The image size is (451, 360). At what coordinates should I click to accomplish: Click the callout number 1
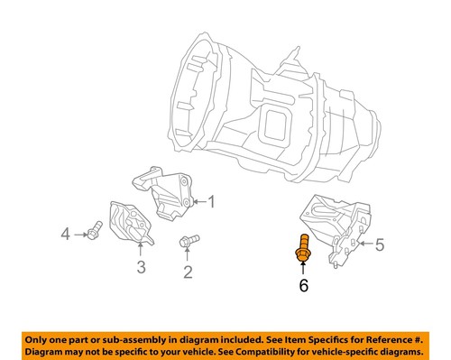213,201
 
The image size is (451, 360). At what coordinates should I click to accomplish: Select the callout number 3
142,266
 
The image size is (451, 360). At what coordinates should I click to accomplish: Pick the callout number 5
380,243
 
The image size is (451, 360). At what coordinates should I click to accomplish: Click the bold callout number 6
303,286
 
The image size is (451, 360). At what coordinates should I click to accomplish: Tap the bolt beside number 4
92,234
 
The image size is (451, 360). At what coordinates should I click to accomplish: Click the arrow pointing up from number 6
302,269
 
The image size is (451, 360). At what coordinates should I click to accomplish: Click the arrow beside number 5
364,243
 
